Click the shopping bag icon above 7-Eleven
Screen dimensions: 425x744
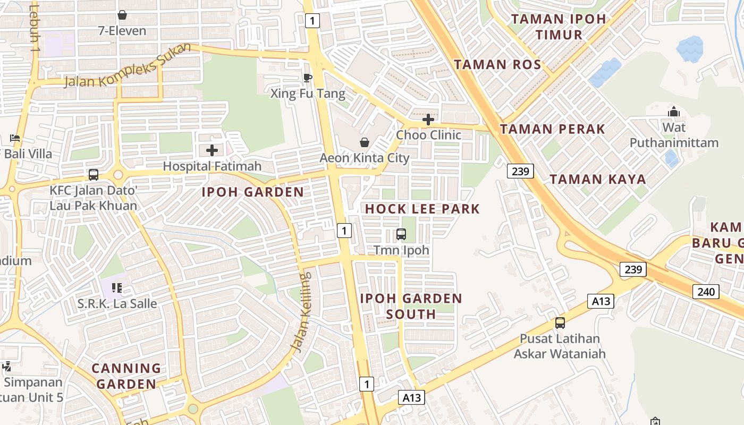(122, 15)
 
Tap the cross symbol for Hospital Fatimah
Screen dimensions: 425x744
(212, 150)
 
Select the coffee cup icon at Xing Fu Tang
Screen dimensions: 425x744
(307, 78)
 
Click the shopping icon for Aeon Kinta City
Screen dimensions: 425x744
(365, 142)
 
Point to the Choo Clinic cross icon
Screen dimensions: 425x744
(428, 120)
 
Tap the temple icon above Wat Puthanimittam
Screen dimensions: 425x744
(674, 112)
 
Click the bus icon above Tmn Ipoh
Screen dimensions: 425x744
(401, 234)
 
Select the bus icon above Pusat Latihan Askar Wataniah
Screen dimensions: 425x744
(560, 322)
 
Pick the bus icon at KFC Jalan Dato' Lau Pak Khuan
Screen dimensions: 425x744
(94, 174)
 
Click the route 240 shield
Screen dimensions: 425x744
(706, 291)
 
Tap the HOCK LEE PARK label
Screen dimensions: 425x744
(422, 209)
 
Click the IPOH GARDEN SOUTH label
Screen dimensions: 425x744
(411, 306)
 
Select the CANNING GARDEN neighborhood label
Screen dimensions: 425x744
(126, 376)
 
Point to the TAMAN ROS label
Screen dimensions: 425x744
(497, 65)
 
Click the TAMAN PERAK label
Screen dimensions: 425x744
(553, 129)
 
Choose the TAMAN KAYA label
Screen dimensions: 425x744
(598, 179)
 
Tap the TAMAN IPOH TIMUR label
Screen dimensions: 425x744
(559, 27)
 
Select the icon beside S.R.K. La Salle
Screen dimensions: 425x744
(117, 288)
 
